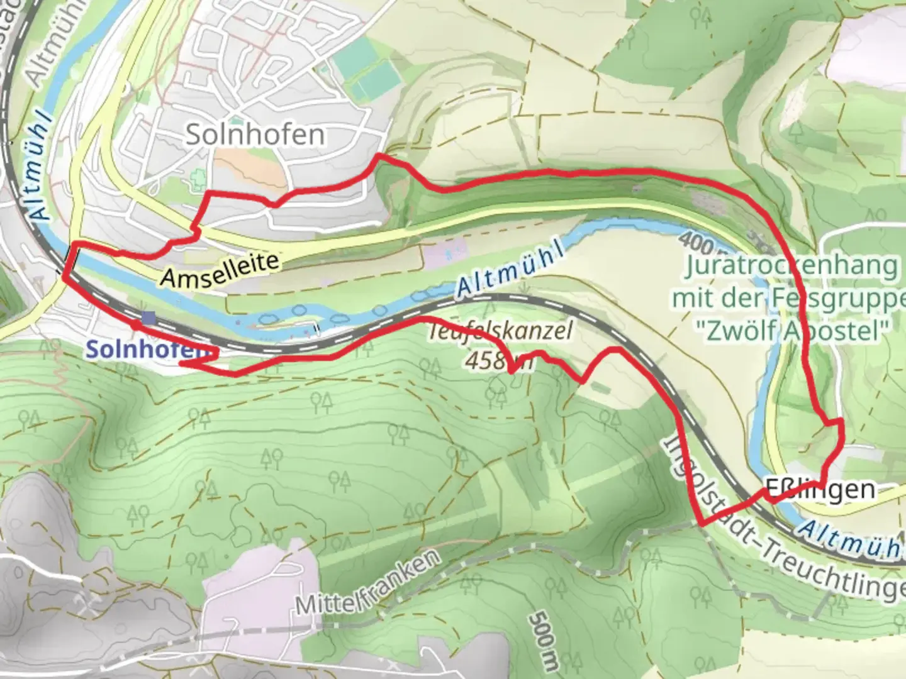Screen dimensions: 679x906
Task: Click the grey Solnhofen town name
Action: (255, 135)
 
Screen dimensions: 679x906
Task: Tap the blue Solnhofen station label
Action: (146, 350)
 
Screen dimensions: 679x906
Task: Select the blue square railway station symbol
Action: (148, 319)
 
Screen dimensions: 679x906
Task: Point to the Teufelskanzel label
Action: (501, 331)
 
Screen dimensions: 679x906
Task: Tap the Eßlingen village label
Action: (820, 489)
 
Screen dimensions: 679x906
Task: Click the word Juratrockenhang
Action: (791, 265)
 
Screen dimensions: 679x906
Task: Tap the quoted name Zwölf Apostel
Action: (791, 329)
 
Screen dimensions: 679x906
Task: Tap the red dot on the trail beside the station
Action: (135, 325)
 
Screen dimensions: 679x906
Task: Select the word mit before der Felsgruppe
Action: (693, 297)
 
